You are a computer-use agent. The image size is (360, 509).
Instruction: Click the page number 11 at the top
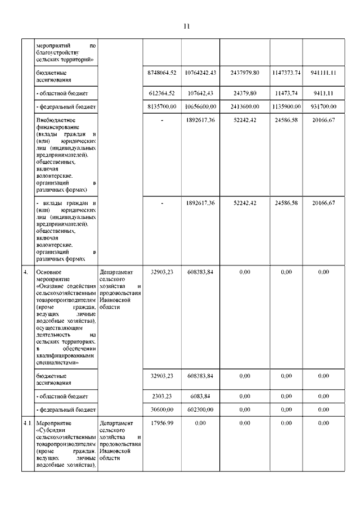coord(187,26)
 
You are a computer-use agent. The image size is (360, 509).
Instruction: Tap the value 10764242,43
coord(198,73)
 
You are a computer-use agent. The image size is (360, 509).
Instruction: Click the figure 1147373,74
coord(285,73)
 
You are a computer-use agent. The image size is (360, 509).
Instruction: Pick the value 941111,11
coord(324,73)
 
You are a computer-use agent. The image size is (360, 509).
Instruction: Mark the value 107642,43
coord(200,92)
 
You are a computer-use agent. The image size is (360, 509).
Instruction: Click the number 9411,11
coord(326,92)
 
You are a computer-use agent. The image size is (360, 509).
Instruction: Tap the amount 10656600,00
coord(198,106)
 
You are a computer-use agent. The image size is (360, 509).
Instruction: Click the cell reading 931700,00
coord(324,106)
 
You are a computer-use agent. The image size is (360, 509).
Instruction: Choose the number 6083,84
coord(203,396)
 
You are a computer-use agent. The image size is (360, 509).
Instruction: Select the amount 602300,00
coord(200,410)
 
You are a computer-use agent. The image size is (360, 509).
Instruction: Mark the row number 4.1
coord(27,424)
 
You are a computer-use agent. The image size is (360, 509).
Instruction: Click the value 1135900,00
coord(285,106)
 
